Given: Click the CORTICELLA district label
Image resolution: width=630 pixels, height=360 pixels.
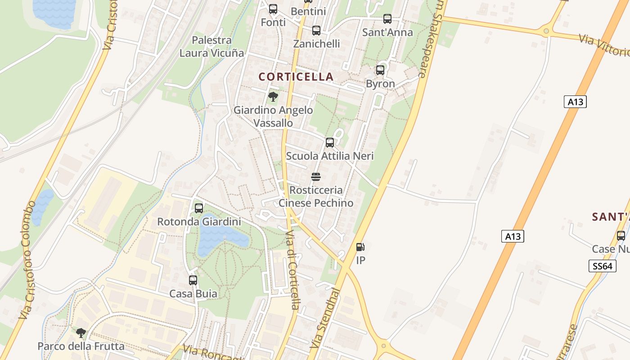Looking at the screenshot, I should [296, 77].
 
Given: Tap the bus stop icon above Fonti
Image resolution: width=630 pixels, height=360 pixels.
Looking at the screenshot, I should [273, 9].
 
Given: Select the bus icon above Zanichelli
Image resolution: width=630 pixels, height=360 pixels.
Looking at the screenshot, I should [316, 31].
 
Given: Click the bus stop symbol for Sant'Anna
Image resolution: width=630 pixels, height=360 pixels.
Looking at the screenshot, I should [387, 19].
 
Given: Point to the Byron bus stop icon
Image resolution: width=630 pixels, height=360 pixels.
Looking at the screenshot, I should [380, 70].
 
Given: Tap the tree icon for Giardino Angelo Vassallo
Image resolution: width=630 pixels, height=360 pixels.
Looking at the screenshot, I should [273, 96].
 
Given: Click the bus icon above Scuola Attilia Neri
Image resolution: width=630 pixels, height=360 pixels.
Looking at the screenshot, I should [330, 143].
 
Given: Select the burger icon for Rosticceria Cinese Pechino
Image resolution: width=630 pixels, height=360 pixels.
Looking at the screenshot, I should [316, 176].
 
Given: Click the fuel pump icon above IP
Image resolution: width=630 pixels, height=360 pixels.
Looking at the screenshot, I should [360, 247].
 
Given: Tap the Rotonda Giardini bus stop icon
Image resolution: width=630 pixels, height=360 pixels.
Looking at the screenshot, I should [199, 208].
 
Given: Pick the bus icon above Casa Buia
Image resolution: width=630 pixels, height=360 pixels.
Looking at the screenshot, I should [193, 280].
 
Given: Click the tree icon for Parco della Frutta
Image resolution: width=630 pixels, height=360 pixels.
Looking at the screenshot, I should [81, 333].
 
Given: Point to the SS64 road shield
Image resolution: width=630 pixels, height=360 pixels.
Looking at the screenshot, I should [602, 266].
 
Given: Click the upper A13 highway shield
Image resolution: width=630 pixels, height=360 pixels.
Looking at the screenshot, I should [575, 102].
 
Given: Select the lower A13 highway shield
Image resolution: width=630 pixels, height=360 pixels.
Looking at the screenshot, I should [513, 236].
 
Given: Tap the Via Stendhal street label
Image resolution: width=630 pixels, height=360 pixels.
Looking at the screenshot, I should [325, 318].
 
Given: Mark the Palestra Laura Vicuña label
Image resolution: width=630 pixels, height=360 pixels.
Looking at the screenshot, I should [211, 46].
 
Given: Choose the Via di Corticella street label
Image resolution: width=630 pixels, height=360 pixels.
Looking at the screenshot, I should [292, 270].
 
